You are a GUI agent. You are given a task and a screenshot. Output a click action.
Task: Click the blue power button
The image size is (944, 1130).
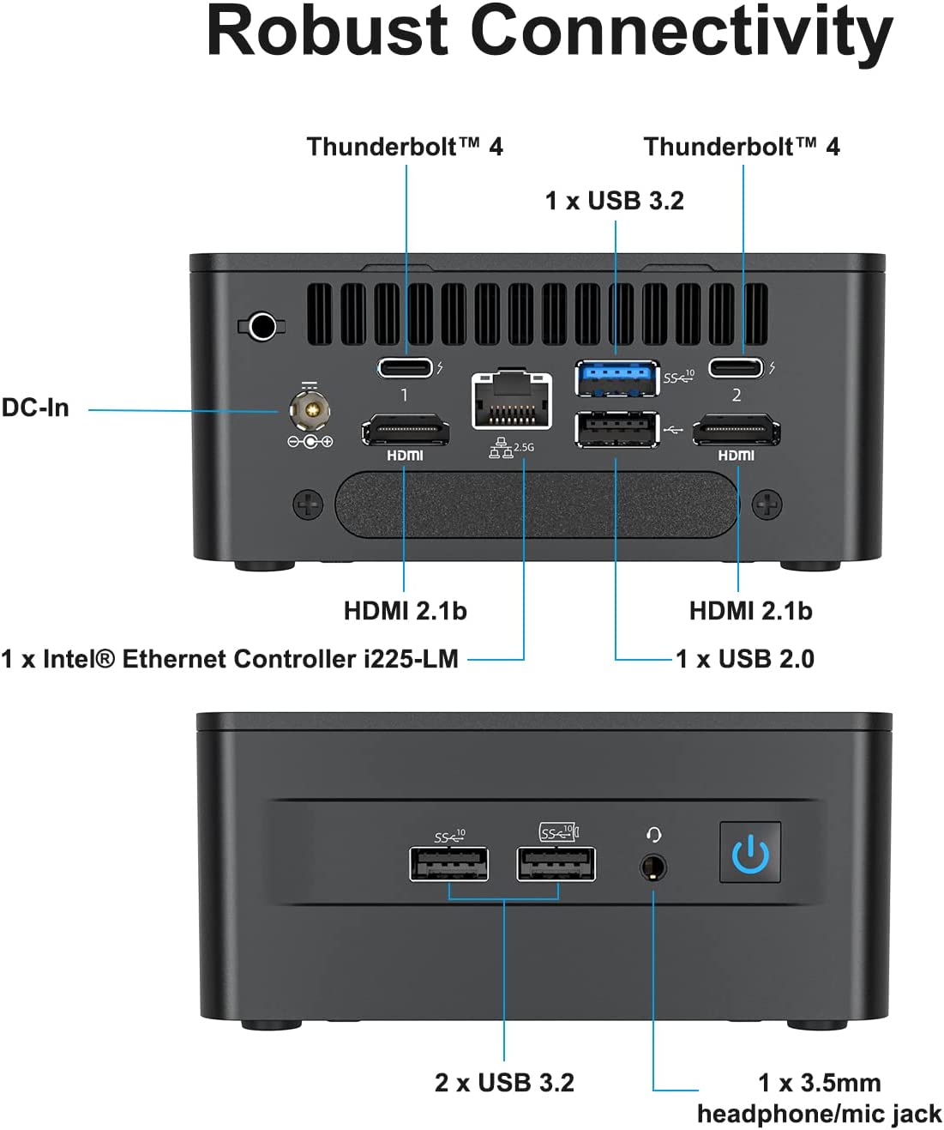click(x=750, y=852)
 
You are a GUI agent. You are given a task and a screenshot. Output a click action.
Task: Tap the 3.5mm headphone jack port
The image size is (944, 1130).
click(x=653, y=867)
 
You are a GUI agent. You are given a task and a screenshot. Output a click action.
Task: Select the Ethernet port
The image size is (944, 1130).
click(x=511, y=401)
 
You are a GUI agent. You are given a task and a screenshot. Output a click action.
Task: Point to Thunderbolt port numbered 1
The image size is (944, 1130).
click(x=406, y=368)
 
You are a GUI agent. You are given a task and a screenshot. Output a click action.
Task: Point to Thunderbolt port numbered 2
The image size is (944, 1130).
click(x=736, y=368)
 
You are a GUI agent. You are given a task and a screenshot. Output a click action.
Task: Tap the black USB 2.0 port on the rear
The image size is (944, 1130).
click(x=616, y=430)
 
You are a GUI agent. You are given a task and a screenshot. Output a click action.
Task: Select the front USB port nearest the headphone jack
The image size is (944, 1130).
click(x=556, y=864)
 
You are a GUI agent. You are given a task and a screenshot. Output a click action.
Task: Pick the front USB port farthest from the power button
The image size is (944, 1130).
click(x=449, y=864)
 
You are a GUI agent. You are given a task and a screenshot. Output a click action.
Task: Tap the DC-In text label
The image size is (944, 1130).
click(x=35, y=408)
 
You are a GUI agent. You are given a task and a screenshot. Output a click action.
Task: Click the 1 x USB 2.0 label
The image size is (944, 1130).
click(x=745, y=659)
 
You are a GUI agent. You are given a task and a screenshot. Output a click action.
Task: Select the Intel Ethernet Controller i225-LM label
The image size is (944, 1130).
click(x=230, y=659)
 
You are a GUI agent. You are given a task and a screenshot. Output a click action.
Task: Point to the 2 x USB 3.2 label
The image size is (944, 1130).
click(x=504, y=1083)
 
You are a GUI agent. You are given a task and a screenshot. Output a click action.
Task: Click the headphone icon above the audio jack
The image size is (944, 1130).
click(x=654, y=834)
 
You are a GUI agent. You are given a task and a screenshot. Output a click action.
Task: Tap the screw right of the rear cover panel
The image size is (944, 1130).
click(x=767, y=505)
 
